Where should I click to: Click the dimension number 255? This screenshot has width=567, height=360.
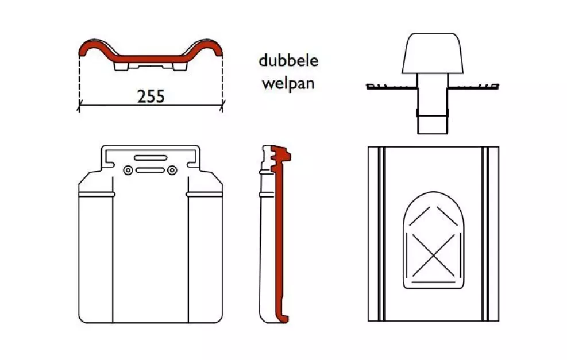click(x=151, y=96)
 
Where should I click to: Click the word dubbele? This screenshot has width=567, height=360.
click(x=288, y=60)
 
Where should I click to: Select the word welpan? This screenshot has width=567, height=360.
click(x=288, y=84)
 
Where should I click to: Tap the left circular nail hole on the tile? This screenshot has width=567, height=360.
click(x=128, y=171)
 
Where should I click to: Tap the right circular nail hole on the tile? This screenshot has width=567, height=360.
click(x=172, y=171)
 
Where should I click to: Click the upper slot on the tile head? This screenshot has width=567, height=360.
click(x=151, y=158)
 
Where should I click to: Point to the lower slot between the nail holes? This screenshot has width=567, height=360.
click(x=150, y=171)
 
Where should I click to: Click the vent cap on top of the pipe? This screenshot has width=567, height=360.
click(x=433, y=53)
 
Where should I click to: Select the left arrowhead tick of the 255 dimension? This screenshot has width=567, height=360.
click(x=79, y=106)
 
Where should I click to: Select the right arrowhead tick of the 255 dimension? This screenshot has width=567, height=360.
click(x=222, y=106)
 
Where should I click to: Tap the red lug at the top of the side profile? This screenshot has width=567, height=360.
click(x=282, y=154)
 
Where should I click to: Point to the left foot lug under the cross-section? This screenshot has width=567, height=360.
click(x=121, y=67)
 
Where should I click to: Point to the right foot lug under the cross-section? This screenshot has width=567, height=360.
click(x=180, y=67)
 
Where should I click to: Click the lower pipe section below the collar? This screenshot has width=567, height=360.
click(x=433, y=125)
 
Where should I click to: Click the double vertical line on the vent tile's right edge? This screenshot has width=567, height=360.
click(x=485, y=234)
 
